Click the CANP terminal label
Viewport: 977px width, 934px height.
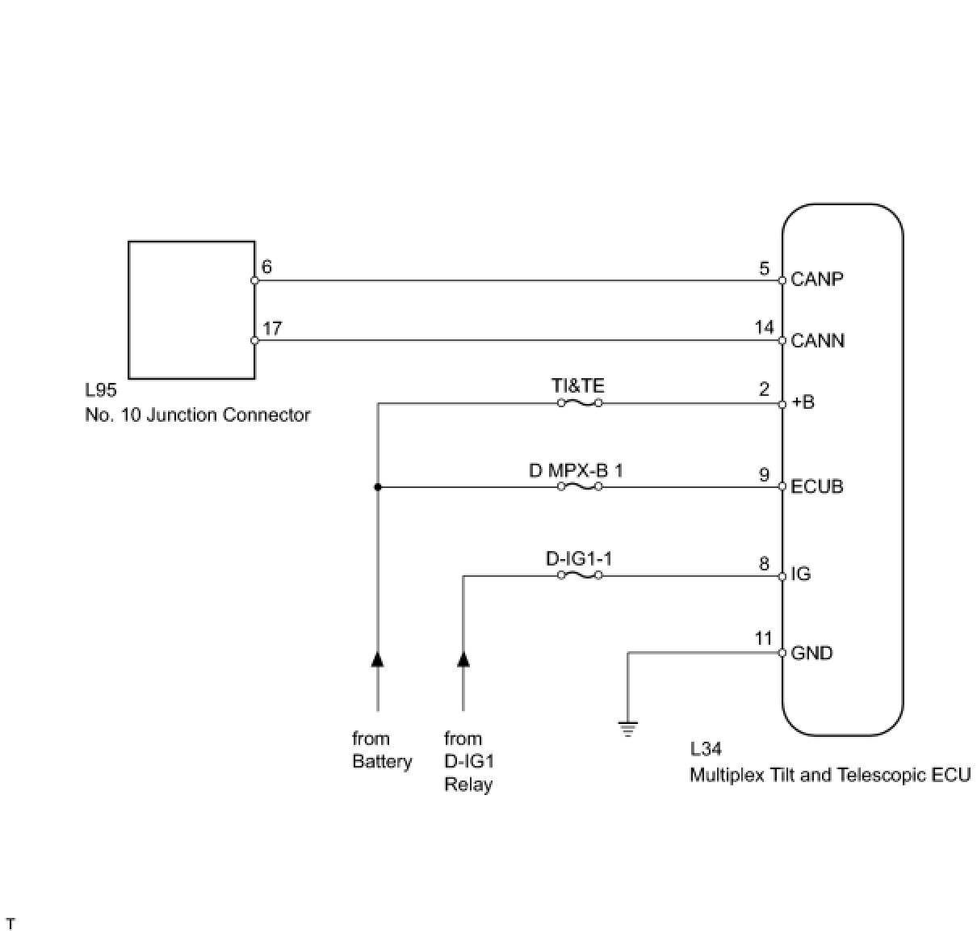817,280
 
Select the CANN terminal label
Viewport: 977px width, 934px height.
817,341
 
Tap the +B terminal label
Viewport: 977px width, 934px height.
803,402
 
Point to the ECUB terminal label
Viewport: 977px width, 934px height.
817,486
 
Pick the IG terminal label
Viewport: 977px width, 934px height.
800,574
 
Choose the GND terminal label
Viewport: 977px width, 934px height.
811,653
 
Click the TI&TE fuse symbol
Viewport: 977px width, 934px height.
580,402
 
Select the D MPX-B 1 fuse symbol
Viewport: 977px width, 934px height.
580,486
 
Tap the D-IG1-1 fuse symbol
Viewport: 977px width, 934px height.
580,575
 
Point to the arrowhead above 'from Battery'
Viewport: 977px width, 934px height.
377,658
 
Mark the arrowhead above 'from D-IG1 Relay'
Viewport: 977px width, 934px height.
463,658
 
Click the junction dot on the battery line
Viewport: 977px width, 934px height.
377,487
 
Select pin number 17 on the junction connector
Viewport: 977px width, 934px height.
272,329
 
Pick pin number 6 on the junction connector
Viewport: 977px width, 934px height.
267,267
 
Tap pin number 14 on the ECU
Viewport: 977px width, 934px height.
764,327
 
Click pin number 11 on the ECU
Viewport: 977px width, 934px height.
763,639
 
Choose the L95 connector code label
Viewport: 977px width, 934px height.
101,390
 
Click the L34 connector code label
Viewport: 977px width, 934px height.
706,750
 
